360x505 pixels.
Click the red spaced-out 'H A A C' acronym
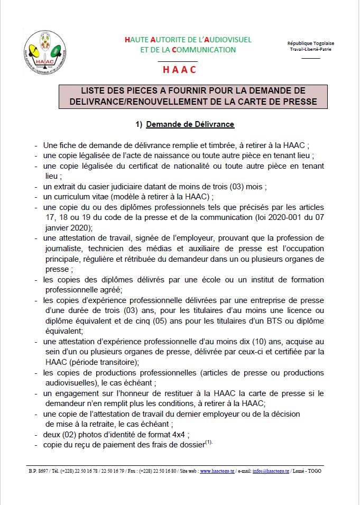180,70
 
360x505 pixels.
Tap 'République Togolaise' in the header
310,43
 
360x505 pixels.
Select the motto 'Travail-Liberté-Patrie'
310,49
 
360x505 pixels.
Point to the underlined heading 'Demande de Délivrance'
190,124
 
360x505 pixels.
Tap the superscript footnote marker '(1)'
209,443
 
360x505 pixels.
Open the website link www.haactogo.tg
219,471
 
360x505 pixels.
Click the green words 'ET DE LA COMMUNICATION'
188,50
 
